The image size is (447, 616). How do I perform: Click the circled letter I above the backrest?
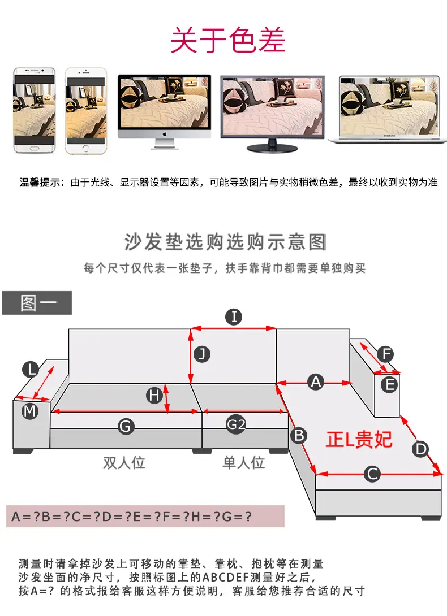pyautogui.click(x=234, y=316)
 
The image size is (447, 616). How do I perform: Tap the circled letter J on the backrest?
pyautogui.click(x=202, y=354)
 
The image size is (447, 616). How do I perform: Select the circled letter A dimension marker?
pyautogui.click(x=316, y=382)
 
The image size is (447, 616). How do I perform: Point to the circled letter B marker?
pyautogui.click(x=299, y=435)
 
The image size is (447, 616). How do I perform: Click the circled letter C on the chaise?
pyautogui.click(x=372, y=474)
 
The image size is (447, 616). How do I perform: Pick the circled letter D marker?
pyautogui.click(x=420, y=448)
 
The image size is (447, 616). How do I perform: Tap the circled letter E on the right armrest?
pyautogui.click(x=389, y=384)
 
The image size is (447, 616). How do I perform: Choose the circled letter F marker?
pyautogui.click(x=386, y=354)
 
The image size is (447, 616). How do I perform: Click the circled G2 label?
pyautogui.click(x=236, y=424)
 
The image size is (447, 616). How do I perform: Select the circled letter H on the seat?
pyautogui.click(x=154, y=395)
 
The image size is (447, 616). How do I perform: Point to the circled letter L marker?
pyautogui.click(x=31, y=369)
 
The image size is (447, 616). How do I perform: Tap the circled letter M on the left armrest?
pyautogui.click(x=30, y=411)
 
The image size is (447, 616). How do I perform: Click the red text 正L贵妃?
pyautogui.click(x=359, y=439)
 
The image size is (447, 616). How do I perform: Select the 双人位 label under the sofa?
pyautogui.click(x=124, y=462)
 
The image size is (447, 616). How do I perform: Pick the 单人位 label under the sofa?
pyautogui.click(x=243, y=462)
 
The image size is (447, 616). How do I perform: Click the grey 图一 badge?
pyautogui.click(x=37, y=303)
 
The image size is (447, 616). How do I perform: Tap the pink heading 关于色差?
pyautogui.click(x=228, y=40)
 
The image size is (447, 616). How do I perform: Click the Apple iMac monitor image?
pyautogui.click(x=165, y=111)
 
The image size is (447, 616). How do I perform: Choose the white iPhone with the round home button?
pyautogui.click(x=86, y=111)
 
